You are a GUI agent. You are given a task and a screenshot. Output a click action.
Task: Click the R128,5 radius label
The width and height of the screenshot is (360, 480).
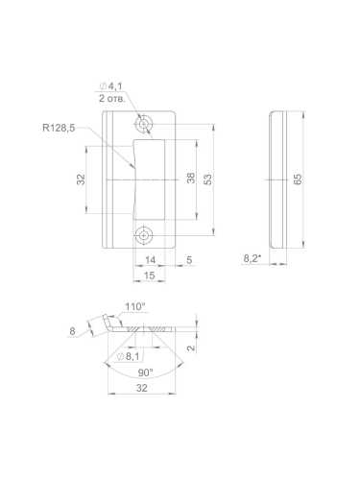click(x=59, y=128)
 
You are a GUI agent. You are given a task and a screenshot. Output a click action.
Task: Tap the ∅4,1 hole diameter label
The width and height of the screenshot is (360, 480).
click(x=110, y=86)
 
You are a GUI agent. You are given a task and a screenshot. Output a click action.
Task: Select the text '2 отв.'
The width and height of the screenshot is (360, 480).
click(x=112, y=98)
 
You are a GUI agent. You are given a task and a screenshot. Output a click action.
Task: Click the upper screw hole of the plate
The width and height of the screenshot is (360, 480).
click(x=143, y=123)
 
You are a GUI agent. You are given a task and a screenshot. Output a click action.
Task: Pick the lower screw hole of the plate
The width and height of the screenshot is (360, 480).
click(x=144, y=236)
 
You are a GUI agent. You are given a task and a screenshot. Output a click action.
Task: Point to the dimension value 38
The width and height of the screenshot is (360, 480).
click(x=190, y=178)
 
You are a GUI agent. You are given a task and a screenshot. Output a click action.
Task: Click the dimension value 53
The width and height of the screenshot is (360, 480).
click(x=207, y=179)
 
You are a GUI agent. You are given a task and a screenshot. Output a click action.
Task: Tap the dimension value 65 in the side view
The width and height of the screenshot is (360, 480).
click(x=298, y=180)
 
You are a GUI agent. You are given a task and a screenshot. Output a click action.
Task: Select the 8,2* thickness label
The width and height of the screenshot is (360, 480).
click(x=252, y=258)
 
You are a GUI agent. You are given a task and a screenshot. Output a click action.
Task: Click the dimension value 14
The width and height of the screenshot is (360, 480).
click(x=150, y=260)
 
